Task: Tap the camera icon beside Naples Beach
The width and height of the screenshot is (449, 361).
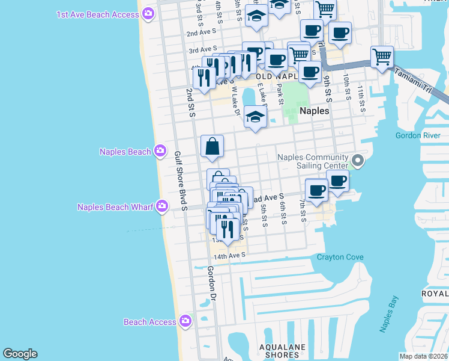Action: pyautogui.click(x=160, y=151)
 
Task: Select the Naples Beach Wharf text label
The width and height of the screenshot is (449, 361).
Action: pyautogui.click(x=112, y=207)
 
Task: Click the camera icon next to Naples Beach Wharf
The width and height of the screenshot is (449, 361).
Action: pyautogui.click(x=161, y=207)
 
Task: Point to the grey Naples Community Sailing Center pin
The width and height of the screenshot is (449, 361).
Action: pyautogui.click(x=358, y=160)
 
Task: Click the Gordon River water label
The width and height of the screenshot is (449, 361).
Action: pyautogui.click(x=418, y=135)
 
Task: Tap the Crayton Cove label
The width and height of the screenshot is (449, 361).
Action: pyautogui.click(x=340, y=257)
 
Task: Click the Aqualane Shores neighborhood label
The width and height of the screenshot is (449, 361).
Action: pyautogui.click(x=282, y=351)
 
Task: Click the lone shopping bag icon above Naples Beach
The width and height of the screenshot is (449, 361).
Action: pyautogui.click(x=212, y=146)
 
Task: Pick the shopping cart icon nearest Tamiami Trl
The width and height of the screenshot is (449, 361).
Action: pyautogui.click(x=382, y=57)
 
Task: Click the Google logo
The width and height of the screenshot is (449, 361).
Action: pyautogui.click(x=20, y=354)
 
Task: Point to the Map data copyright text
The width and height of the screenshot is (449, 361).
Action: pyautogui.click(x=424, y=356)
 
